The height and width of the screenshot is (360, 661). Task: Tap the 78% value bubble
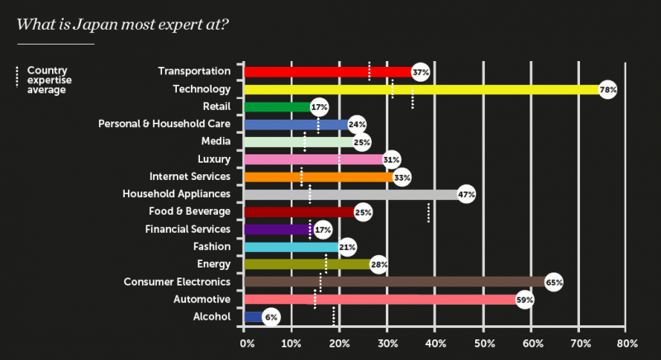coord(608,89)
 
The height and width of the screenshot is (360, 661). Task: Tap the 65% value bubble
coord(554,282)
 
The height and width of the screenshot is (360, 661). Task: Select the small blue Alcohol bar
coord(252,317)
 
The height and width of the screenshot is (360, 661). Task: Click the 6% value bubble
coord(271,317)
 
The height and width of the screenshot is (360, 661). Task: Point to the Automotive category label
coord(200,299)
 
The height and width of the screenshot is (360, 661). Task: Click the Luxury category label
coord(214,159)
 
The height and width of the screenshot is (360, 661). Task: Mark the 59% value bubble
coord(524,300)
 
